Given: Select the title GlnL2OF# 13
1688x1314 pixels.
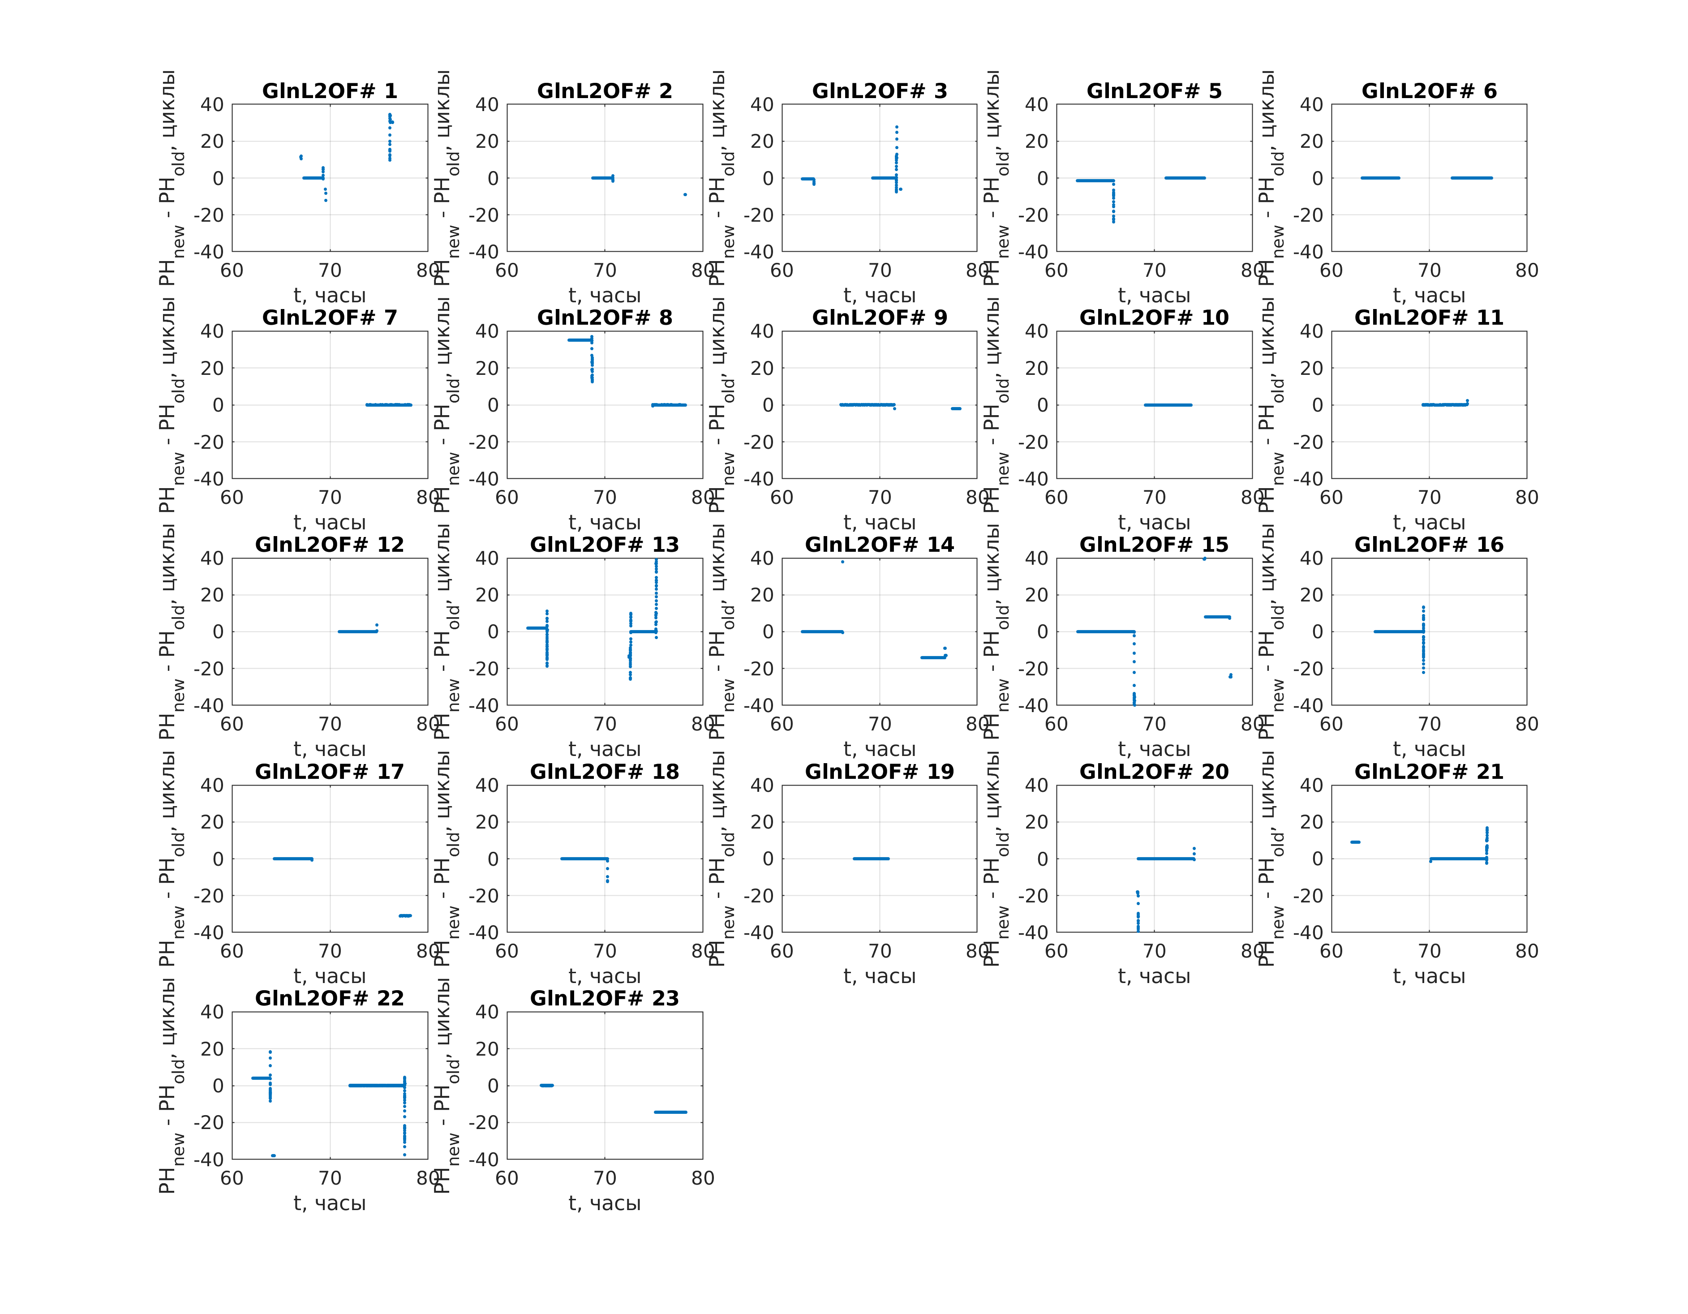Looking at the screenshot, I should [x=605, y=545].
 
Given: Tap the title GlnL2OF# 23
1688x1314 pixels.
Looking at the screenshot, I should [x=605, y=999].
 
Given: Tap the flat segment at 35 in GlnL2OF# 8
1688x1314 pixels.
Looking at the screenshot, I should [x=580, y=340].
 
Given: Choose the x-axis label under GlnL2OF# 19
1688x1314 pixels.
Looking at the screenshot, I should [x=880, y=976].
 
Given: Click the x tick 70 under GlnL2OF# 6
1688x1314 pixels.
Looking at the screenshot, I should [x=1429, y=271].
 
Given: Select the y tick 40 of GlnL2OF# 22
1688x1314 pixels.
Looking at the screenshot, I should [x=213, y=1012].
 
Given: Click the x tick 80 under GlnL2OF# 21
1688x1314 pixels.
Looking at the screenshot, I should [x=1526, y=952].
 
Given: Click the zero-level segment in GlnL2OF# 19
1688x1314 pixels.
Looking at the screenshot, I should [x=871, y=859].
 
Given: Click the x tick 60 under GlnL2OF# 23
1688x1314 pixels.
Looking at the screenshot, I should [x=507, y=1179].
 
